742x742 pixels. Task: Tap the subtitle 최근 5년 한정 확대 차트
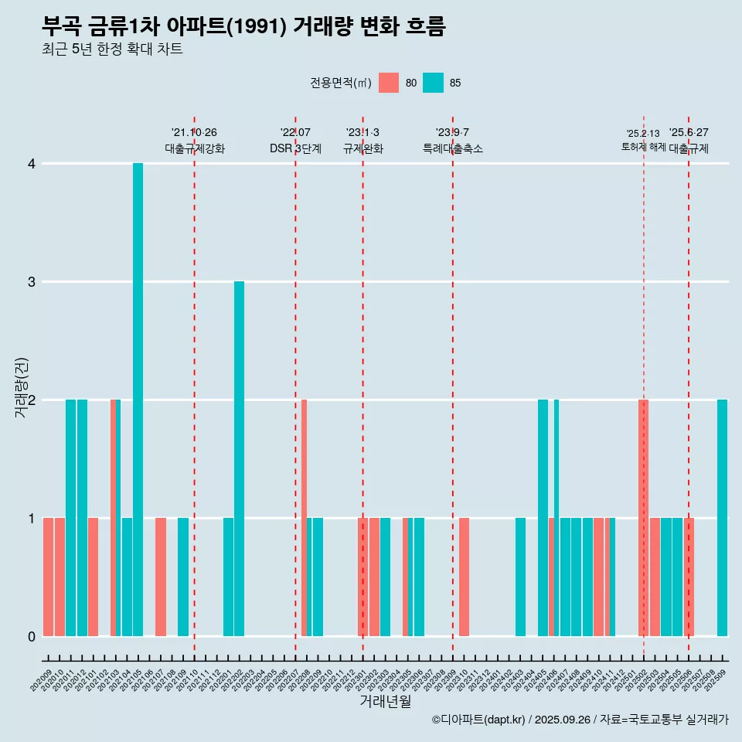[x=112, y=50]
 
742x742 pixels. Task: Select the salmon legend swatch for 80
[x=389, y=83]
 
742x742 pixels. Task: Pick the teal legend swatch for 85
[x=433, y=83]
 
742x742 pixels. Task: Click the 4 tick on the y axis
[x=31, y=164]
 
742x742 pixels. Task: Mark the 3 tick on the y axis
[x=31, y=282]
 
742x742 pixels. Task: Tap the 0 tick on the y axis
[x=31, y=637]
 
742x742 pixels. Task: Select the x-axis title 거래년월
[x=385, y=702]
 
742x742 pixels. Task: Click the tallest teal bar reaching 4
[x=138, y=400]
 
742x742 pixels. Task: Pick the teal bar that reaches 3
[x=239, y=458]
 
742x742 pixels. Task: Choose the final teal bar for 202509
[x=722, y=518]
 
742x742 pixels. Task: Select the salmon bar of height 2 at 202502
[x=643, y=518]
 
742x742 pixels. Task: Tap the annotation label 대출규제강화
[x=195, y=149]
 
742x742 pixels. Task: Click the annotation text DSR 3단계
[x=295, y=149]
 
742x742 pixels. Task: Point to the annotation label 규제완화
[x=363, y=149]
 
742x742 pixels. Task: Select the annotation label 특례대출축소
[x=453, y=149]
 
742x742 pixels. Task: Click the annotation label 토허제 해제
[x=643, y=147]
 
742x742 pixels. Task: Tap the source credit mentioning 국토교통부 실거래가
[x=580, y=720]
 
